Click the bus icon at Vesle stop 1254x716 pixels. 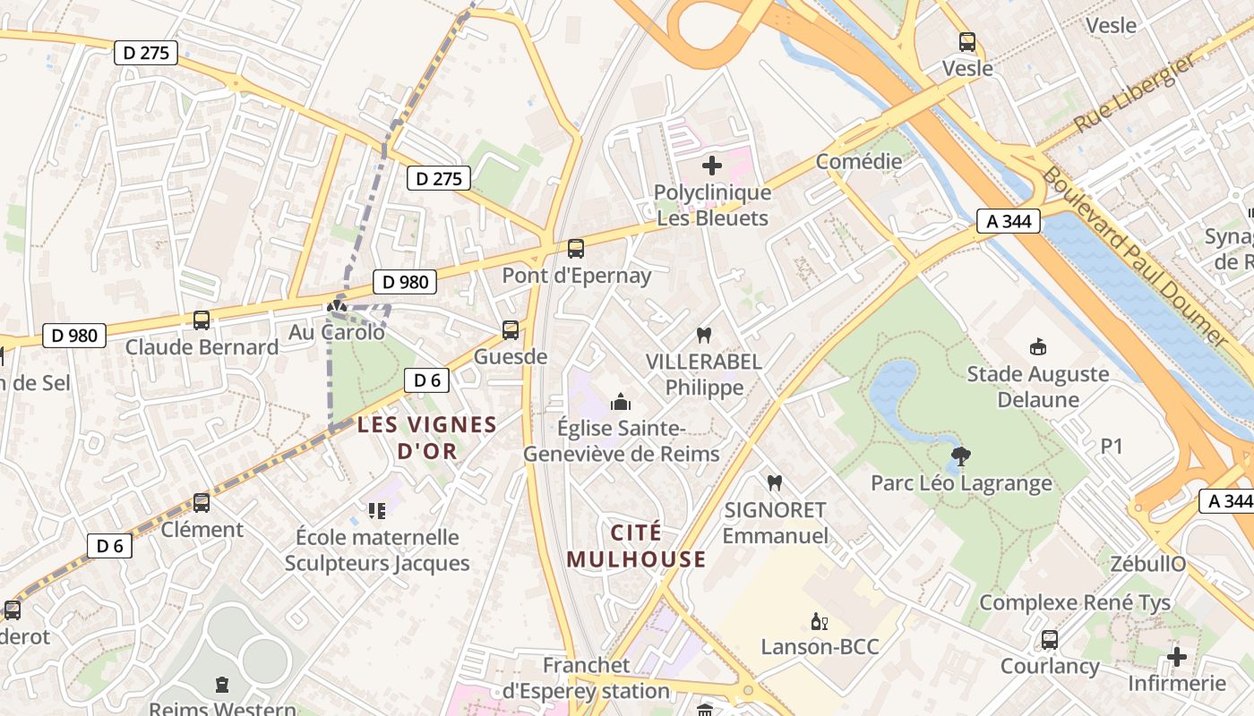pyautogui.click(x=966, y=41)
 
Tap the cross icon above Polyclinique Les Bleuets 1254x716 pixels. pyautogui.click(x=712, y=166)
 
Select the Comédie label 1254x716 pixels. pyautogui.click(x=858, y=162)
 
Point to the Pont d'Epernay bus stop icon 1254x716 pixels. pyautogui.click(x=576, y=249)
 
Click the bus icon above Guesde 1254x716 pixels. pyautogui.click(x=511, y=330)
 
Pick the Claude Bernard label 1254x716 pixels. pyautogui.click(x=202, y=347)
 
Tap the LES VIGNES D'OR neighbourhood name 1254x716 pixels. pyautogui.click(x=427, y=438)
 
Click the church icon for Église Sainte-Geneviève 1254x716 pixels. pyautogui.click(x=620, y=402)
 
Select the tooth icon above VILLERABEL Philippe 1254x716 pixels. pyautogui.click(x=704, y=336)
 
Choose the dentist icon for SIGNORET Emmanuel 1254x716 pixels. pyautogui.click(x=775, y=483)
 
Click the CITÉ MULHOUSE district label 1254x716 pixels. pyautogui.click(x=636, y=546)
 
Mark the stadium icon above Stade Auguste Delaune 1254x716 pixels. pyautogui.click(x=1038, y=346)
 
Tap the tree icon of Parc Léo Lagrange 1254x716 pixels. pyautogui.click(x=961, y=456)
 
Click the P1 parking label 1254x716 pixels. pyautogui.click(x=1111, y=446)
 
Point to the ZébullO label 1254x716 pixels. pyautogui.click(x=1147, y=564)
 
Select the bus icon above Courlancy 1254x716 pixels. pyautogui.click(x=1049, y=640)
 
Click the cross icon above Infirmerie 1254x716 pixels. pyautogui.click(x=1177, y=658)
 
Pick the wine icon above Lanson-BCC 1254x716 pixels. pyautogui.click(x=819, y=622)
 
